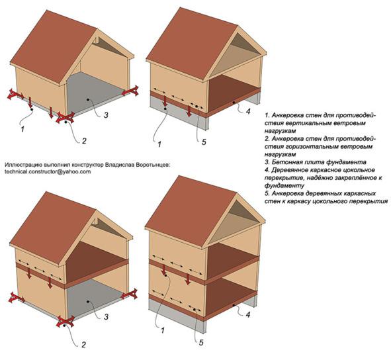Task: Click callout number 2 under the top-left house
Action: click(84, 141)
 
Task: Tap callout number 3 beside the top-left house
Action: click(106, 114)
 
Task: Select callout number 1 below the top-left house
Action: click(22, 129)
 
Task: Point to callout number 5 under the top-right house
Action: click(204, 142)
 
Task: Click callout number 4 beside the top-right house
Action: click(248, 111)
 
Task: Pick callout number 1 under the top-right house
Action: click(159, 144)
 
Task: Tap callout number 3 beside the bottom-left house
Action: click(107, 316)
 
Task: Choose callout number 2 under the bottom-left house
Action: click(83, 345)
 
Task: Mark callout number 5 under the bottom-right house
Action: click(201, 343)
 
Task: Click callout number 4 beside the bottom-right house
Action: click(247, 314)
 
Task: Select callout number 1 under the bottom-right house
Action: click(162, 330)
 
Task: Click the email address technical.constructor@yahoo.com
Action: click(48, 171)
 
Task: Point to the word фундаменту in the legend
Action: click(284, 186)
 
